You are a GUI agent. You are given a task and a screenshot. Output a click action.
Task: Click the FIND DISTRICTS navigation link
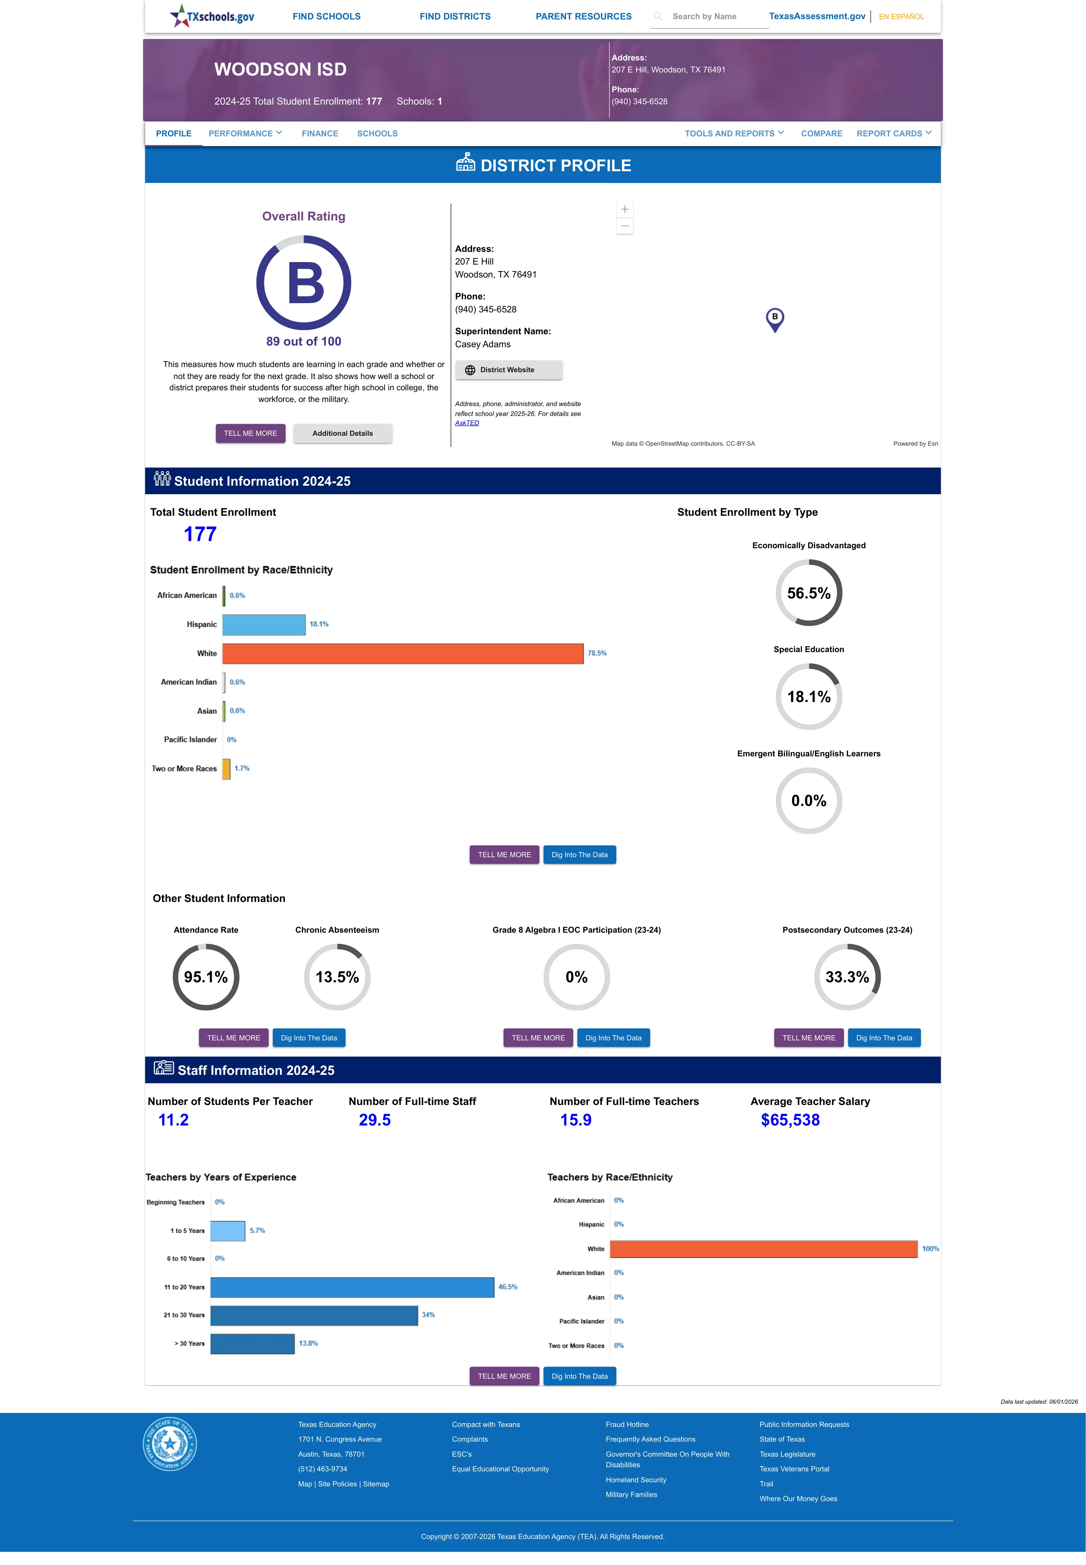[455, 16]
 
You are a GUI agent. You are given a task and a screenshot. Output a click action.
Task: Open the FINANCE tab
[320, 133]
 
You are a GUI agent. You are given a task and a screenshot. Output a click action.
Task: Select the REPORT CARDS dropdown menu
[894, 133]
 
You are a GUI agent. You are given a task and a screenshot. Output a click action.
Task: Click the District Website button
[508, 370]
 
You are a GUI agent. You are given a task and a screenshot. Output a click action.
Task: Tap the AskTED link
[467, 423]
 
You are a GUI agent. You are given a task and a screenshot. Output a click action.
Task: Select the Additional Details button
[342, 433]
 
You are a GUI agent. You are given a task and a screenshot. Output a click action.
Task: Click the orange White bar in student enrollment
[403, 653]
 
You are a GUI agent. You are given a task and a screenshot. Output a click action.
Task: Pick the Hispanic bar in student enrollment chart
[264, 624]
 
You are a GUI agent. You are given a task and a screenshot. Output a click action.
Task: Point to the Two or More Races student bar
[227, 769]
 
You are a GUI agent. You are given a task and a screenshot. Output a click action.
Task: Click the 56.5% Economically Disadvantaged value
[808, 593]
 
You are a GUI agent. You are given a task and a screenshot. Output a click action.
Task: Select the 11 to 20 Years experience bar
[352, 1287]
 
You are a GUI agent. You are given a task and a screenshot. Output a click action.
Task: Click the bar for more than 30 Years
[253, 1343]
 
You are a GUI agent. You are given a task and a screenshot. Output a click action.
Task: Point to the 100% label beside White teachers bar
[930, 1249]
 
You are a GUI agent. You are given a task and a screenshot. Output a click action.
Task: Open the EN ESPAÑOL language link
[901, 16]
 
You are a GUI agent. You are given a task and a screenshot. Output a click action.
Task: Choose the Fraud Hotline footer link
[627, 1424]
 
